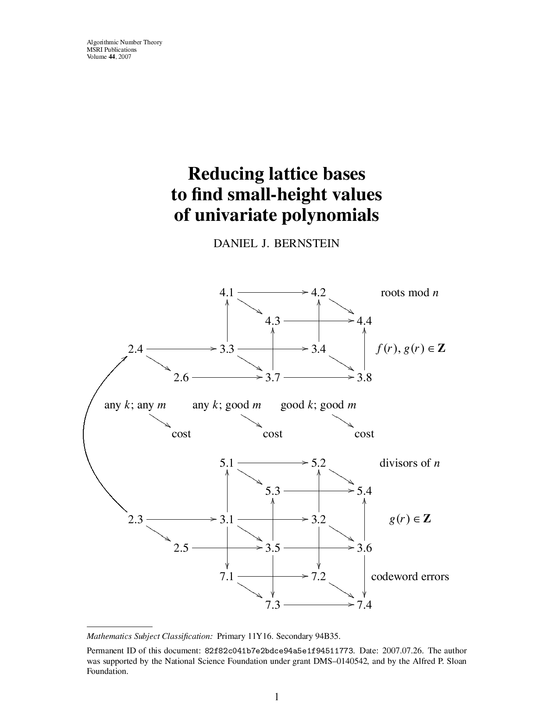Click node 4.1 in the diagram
point(227,292)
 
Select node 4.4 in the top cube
point(364,321)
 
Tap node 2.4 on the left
point(135,349)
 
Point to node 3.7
point(272,378)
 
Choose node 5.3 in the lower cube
point(272,491)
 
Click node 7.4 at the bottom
point(364,605)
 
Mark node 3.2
point(318,520)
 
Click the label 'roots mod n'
point(409,293)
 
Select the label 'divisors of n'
point(409,463)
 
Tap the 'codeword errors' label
point(410,576)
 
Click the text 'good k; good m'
point(318,405)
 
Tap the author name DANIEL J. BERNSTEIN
point(276,244)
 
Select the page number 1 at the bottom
point(277,697)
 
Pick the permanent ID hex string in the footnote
point(279,651)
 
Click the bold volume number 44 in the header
point(112,57)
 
